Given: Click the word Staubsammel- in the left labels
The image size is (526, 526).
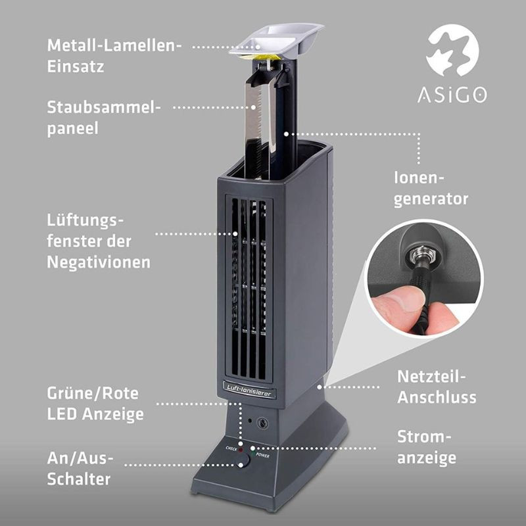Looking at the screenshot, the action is point(104,107).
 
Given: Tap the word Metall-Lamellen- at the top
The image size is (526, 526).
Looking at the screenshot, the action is point(114,45).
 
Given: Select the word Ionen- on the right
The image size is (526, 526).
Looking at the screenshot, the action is point(419,178).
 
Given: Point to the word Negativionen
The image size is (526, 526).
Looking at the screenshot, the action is point(99,262).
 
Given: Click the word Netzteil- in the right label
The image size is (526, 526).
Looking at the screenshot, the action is point(431,377).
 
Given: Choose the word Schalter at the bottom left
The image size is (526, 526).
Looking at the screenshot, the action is point(79,479).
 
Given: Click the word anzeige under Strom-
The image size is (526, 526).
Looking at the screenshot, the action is point(427,458).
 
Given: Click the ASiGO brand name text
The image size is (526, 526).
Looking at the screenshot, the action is point(452,95).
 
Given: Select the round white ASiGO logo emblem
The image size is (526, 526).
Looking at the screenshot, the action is point(452,51).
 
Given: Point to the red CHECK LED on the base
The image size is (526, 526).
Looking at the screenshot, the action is point(241,450).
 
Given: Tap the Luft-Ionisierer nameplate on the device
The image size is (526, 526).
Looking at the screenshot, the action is point(249,391).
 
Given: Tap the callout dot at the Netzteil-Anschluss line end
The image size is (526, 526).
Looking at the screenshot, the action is point(320,387).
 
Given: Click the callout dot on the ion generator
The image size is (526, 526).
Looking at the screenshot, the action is point(286,134).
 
